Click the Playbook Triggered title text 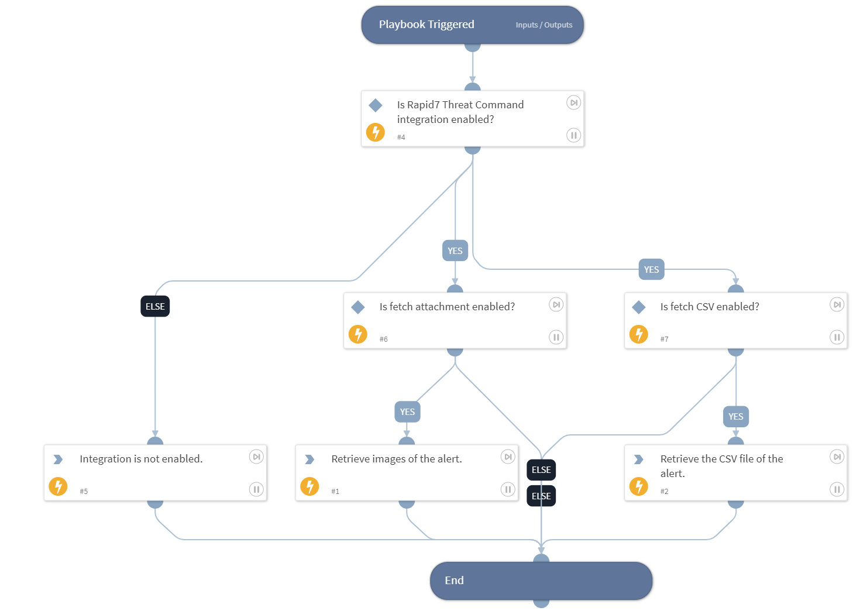(x=426, y=25)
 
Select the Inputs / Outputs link (x=544, y=25)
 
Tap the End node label (x=454, y=581)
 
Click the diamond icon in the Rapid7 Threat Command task (x=376, y=105)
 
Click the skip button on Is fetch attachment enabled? (x=556, y=304)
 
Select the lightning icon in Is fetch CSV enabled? (x=638, y=334)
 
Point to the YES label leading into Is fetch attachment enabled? (x=455, y=251)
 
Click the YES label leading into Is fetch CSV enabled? (x=651, y=269)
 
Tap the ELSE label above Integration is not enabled (x=155, y=306)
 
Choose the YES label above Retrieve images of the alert (x=407, y=412)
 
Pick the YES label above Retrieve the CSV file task (x=735, y=417)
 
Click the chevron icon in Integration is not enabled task (x=58, y=459)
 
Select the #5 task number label (x=84, y=492)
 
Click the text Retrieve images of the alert (x=396, y=459)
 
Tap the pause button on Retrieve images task (x=507, y=489)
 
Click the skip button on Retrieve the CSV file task (x=837, y=457)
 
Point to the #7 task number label (x=664, y=339)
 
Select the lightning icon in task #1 (x=309, y=486)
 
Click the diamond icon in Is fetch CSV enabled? (x=639, y=307)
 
